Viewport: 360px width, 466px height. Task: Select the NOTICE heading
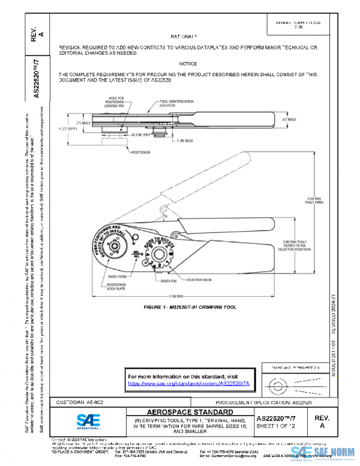(188, 63)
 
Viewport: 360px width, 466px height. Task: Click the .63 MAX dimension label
(289, 120)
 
